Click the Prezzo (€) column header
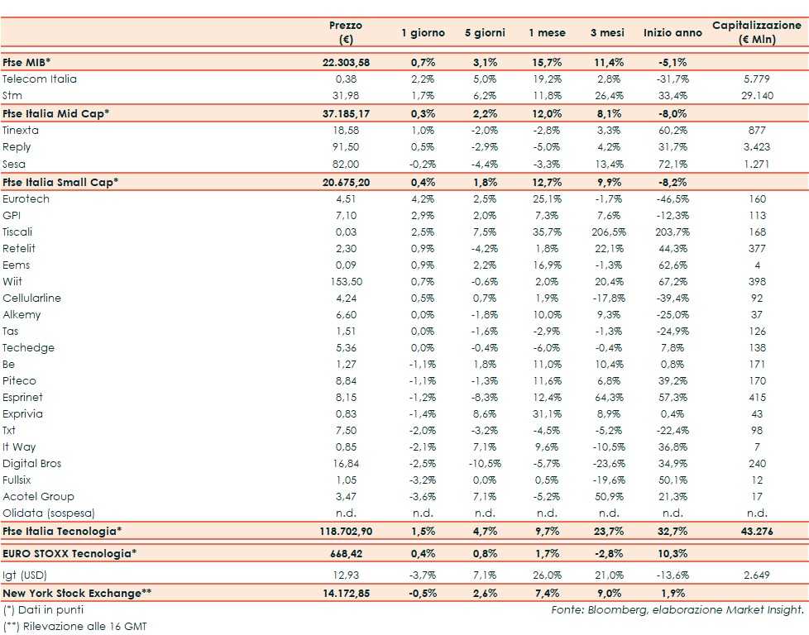(345, 32)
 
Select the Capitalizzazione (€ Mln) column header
(756, 32)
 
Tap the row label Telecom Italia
(40, 79)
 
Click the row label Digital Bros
(32, 463)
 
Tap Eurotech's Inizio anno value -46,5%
(671, 198)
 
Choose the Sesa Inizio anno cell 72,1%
(671, 164)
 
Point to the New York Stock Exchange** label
(77, 592)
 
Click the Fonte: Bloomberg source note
(677, 609)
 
